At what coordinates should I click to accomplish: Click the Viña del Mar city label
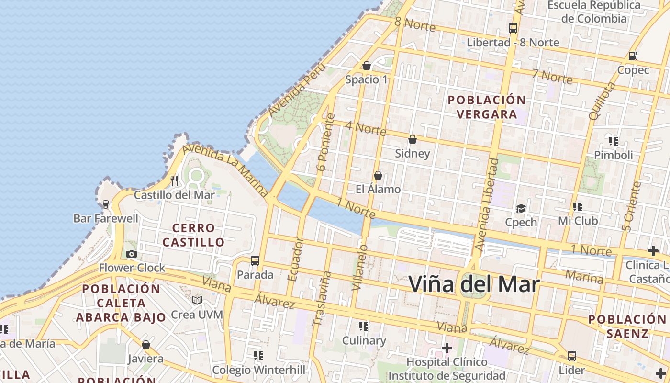click(x=474, y=284)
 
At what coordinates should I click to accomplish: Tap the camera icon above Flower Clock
click(x=132, y=254)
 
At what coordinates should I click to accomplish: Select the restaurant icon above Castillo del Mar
click(x=174, y=180)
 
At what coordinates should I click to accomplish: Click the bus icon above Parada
click(x=255, y=261)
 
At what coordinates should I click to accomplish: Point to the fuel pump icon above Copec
click(x=633, y=56)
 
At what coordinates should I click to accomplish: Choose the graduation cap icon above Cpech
click(x=521, y=208)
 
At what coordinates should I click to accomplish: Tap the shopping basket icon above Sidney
click(x=413, y=139)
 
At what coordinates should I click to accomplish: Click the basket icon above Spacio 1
click(x=367, y=66)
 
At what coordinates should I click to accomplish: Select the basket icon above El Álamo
click(x=378, y=175)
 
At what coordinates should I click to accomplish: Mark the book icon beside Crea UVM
click(x=197, y=300)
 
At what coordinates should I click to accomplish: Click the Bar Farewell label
click(x=106, y=218)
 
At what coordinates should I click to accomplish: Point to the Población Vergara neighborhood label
click(x=487, y=107)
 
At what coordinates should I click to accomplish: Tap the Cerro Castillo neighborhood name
click(x=193, y=235)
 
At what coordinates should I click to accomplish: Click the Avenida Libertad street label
click(x=487, y=205)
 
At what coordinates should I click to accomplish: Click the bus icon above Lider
click(x=572, y=356)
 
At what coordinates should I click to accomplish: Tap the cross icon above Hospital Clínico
click(x=447, y=348)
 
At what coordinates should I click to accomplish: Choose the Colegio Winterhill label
click(x=258, y=370)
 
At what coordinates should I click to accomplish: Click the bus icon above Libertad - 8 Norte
click(x=513, y=28)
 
